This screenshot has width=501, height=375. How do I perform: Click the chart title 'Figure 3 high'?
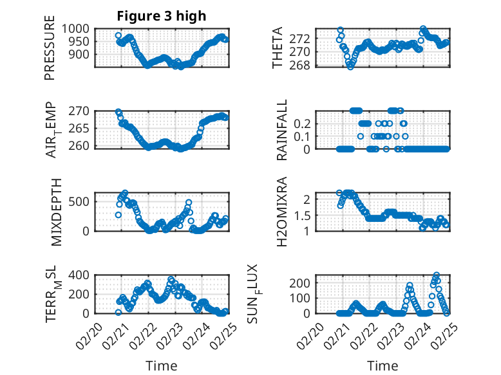tap(162, 16)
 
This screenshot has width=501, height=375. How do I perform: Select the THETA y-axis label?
tap(278, 48)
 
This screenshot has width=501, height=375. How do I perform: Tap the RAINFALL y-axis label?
tap(282, 129)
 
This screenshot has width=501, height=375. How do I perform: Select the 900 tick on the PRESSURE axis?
tap(82, 55)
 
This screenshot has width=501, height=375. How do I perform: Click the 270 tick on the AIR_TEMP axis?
tap(82, 111)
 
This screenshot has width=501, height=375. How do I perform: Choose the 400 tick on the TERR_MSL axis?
tap(82, 275)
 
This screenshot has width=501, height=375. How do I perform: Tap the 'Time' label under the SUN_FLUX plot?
tap(383, 366)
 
